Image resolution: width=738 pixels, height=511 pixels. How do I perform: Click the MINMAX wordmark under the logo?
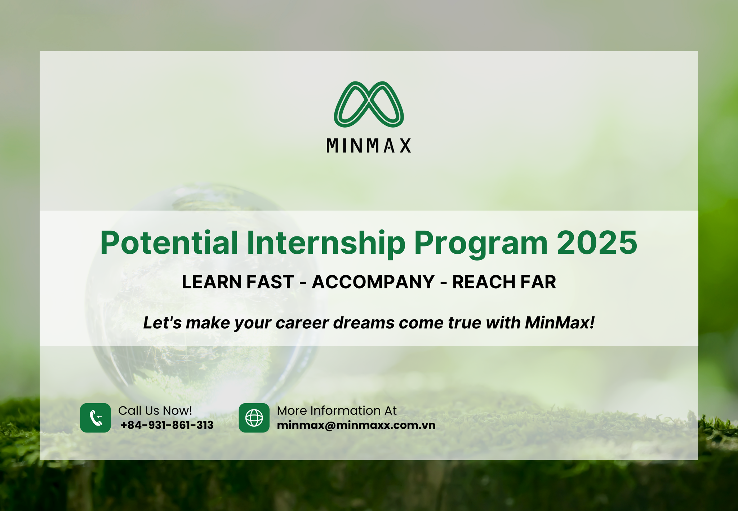tap(369, 146)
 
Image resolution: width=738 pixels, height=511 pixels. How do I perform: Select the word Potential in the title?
tap(169, 243)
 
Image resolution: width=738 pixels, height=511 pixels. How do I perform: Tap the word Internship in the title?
tap(326, 244)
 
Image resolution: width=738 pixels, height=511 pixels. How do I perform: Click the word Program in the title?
tap(481, 244)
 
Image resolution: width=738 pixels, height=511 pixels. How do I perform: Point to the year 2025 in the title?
tap(597, 243)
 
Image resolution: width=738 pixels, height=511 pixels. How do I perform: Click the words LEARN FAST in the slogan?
tap(238, 282)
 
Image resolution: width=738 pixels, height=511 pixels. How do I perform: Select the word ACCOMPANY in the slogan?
tap(373, 282)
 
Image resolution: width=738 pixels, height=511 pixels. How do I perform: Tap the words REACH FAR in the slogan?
tap(504, 282)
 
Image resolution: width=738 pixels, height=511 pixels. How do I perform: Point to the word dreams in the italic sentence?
tap(364, 323)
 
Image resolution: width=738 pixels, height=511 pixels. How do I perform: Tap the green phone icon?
tap(95, 418)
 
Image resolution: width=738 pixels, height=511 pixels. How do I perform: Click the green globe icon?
tap(254, 418)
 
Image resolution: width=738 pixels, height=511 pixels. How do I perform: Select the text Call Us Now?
tap(155, 410)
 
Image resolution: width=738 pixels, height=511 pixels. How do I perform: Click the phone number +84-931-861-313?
tap(167, 425)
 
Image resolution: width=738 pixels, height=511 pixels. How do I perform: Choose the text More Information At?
tap(337, 410)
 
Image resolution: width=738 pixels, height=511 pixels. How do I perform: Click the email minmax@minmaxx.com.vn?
tap(356, 425)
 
